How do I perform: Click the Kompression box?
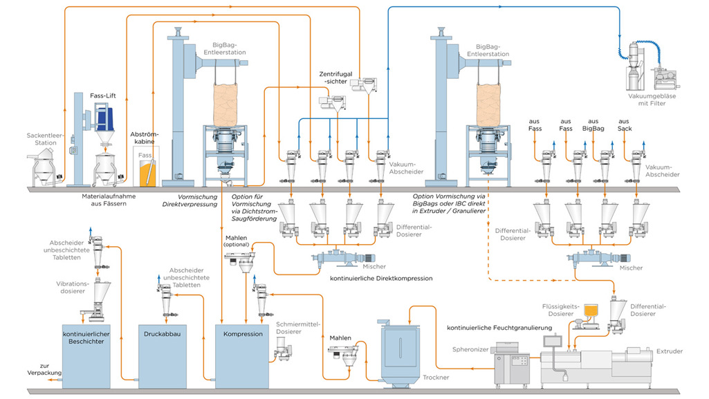[x=242, y=356]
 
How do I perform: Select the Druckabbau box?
[x=163, y=356]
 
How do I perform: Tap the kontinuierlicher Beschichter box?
[x=86, y=356]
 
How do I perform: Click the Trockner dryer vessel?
[x=400, y=354]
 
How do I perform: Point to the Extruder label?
[x=669, y=351]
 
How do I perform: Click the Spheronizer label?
[x=470, y=349]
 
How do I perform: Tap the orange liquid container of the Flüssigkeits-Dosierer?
[x=591, y=310]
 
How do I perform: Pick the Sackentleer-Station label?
[x=45, y=139]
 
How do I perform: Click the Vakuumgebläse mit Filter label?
[x=652, y=100]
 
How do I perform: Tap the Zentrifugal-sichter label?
[x=335, y=77]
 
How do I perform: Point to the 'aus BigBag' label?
[x=593, y=124]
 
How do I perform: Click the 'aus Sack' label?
[x=624, y=124]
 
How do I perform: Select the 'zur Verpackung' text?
[x=44, y=369]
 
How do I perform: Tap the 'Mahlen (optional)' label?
[x=237, y=241]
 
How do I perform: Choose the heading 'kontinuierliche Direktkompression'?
[x=381, y=279]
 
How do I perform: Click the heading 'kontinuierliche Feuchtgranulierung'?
[x=499, y=328]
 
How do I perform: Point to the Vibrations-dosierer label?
[x=73, y=288]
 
